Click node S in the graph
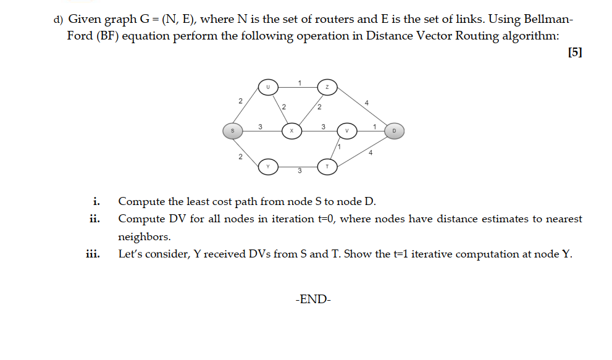(x=232, y=130)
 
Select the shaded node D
(x=395, y=130)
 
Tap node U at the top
(x=268, y=87)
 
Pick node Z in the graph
(x=327, y=87)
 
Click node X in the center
(x=291, y=130)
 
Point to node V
(x=346, y=130)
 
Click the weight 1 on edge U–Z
(x=299, y=83)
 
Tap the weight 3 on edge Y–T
(x=300, y=171)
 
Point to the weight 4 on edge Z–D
(x=367, y=103)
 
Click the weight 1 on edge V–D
(x=375, y=127)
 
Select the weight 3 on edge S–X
(x=260, y=127)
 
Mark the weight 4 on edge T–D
(x=371, y=153)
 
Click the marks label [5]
(x=574, y=52)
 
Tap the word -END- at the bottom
(x=314, y=299)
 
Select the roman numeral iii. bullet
(x=94, y=254)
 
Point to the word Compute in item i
(x=141, y=201)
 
